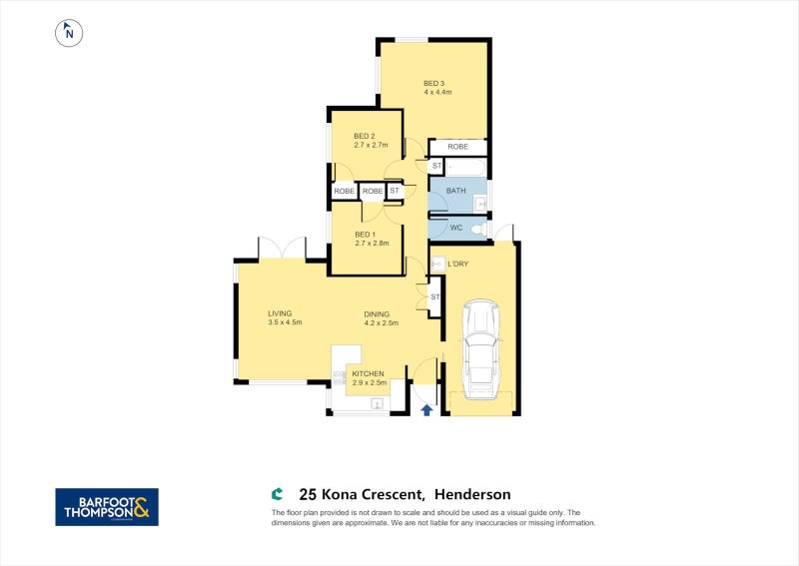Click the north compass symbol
pyautogui.click(x=69, y=32)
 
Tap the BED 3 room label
pyautogui.click(x=433, y=83)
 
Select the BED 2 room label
pyautogui.click(x=365, y=137)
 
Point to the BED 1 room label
pyautogui.click(x=366, y=234)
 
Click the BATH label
pyautogui.click(x=455, y=190)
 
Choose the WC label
pyautogui.click(x=456, y=228)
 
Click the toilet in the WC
pyautogui.click(x=478, y=230)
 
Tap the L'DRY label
pyautogui.click(x=458, y=264)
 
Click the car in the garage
pyautogui.click(x=481, y=345)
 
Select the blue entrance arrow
pyautogui.click(x=427, y=408)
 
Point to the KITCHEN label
pyautogui.click(x=368, y=373)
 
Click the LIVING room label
pyautogui.click(x=280, y=313)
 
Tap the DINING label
pyautogui.click(x=377, y=313)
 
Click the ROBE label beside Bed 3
pyautogui.click(x=457, y=147)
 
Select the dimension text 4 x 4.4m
pyautogui.click(x=437, y=92)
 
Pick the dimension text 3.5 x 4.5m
pyautogui.click(x=285, y=322)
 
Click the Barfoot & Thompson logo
pyautogui.click(x=106, y=506)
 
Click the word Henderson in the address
pyautogui.click(x=472, y=494)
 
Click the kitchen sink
pyautogui.click(x=378, y=403)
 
